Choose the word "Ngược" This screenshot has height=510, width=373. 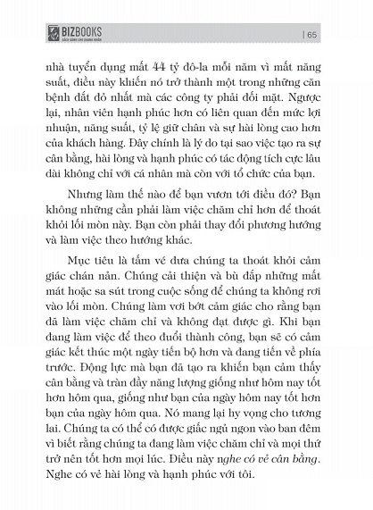(x=299, y=99)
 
